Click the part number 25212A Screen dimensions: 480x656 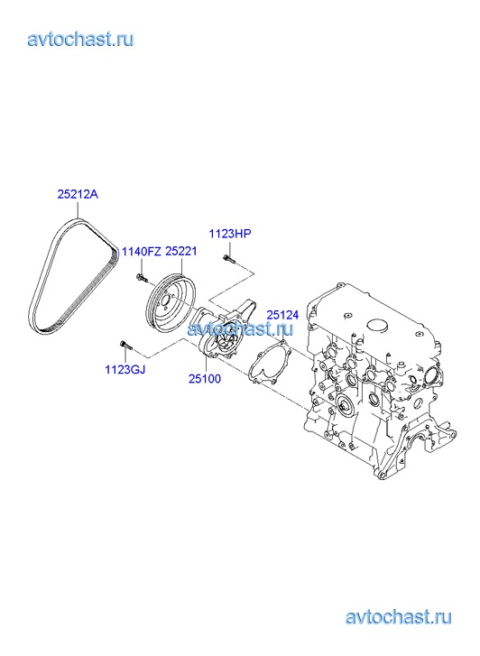(x=78, y=194)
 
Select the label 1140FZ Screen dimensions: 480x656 (x=141, y=252)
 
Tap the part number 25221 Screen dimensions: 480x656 (x=181, y=252)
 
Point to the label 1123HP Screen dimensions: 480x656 (x=230, y=234)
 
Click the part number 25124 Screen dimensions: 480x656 (x=283, y=315)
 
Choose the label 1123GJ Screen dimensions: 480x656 (x=125, y=369)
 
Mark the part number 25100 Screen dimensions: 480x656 (x=205, y=379)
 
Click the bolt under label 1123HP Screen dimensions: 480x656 (x=229, y=259)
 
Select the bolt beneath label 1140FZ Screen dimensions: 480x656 (x=141, y=276)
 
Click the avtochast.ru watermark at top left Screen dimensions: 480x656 (x=81, y=40)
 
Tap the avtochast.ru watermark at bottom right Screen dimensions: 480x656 (x=399, y=617)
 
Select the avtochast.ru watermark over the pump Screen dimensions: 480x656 (x=240, y=329)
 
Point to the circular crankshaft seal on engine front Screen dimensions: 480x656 (x=346, y=403)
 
